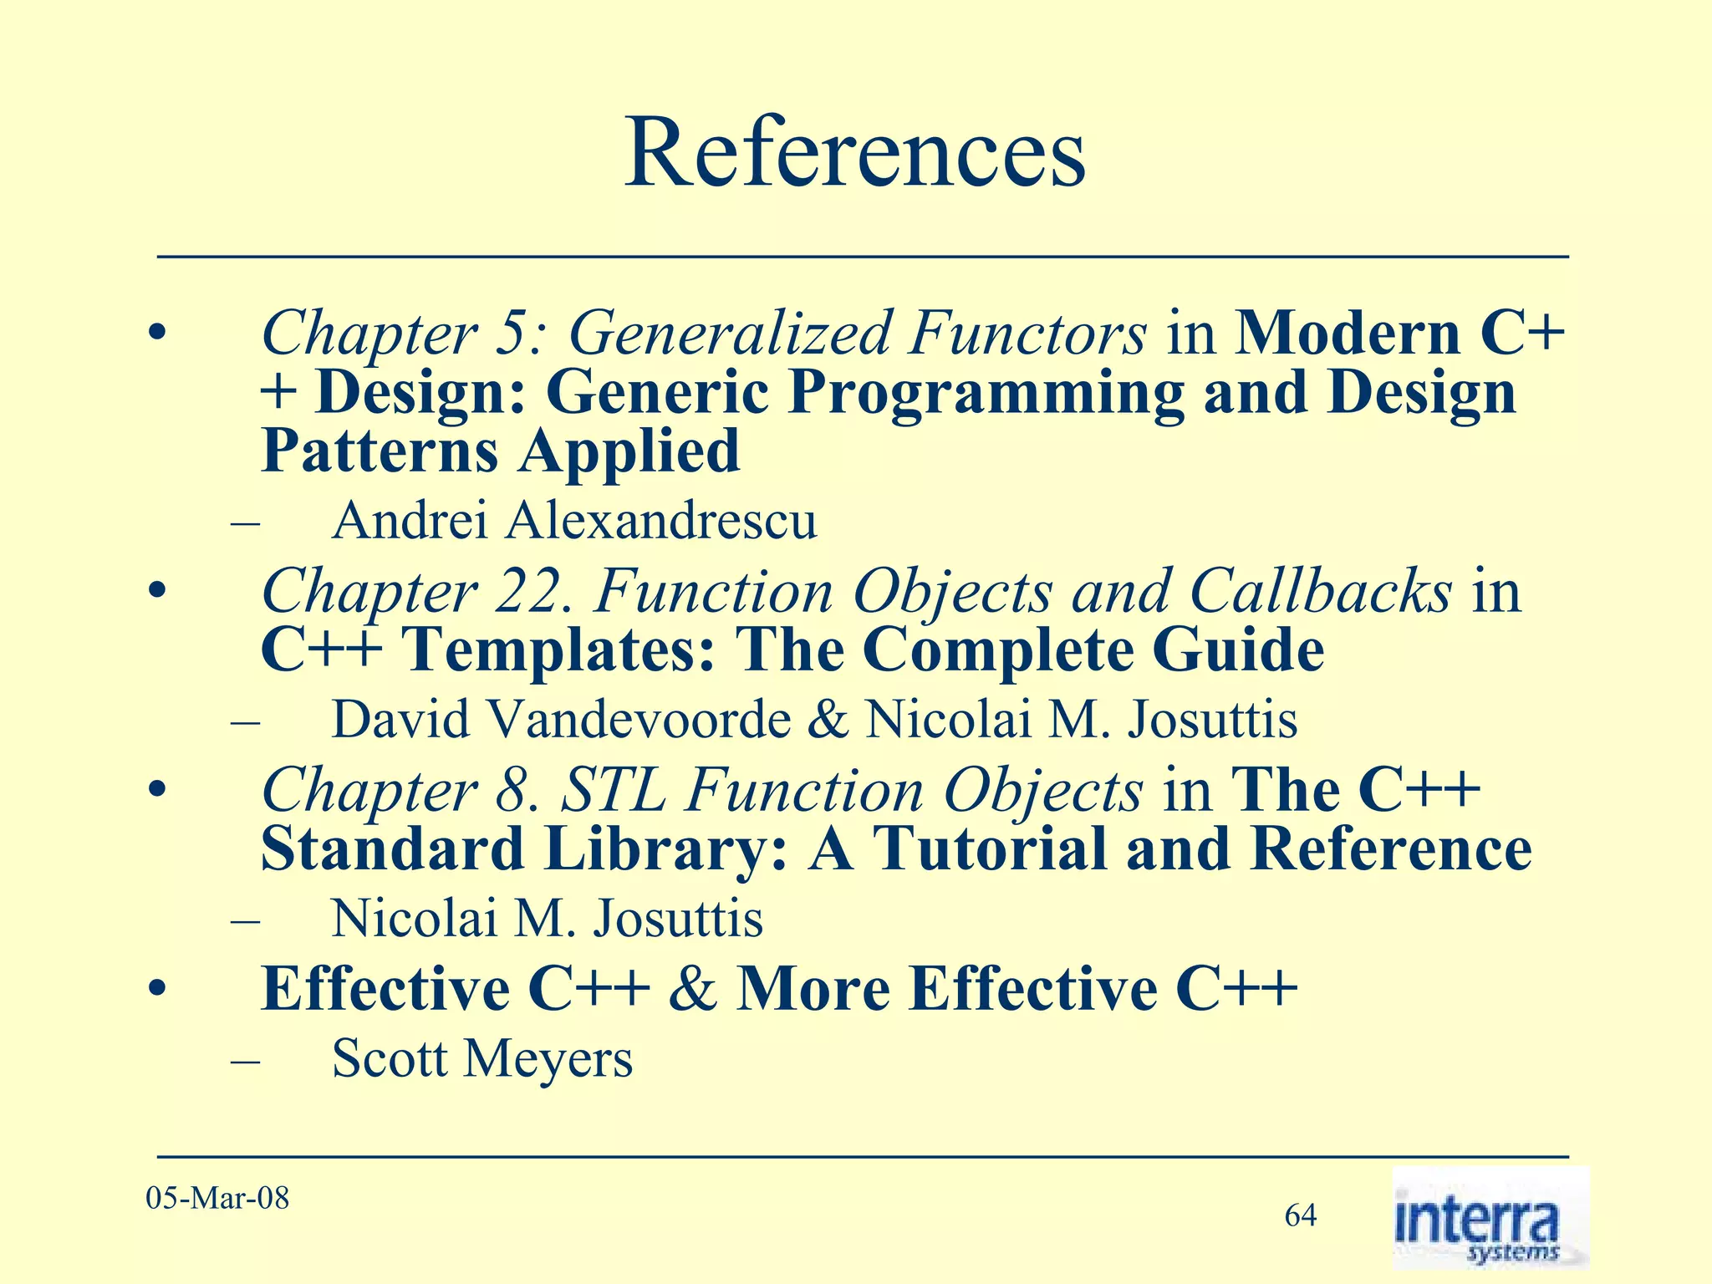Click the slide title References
point(854,154)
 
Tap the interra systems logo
point(1490,1218)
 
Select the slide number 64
point(1301,1215)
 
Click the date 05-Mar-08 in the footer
point(217,1198)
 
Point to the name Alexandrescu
point(660,521)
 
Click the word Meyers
point(548,1060)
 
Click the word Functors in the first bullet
point(1028,333)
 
